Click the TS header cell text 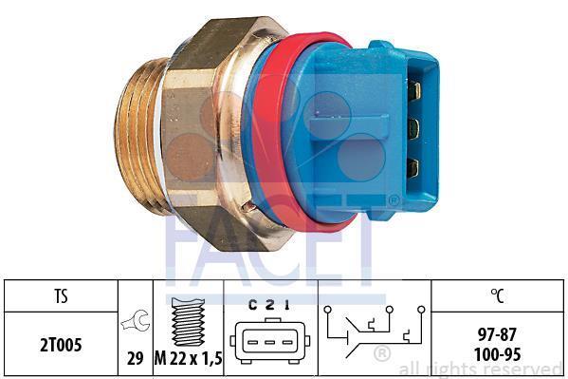pos(61,295)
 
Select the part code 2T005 pos(61,345)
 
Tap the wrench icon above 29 pos(136,320)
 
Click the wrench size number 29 pos(135,359)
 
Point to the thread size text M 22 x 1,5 pos(188,359)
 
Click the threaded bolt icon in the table pos(188,322)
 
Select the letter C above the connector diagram pos(253,306)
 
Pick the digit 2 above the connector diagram pos(270,306)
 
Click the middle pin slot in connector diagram pos(270,342)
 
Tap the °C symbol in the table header pos(498,295)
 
